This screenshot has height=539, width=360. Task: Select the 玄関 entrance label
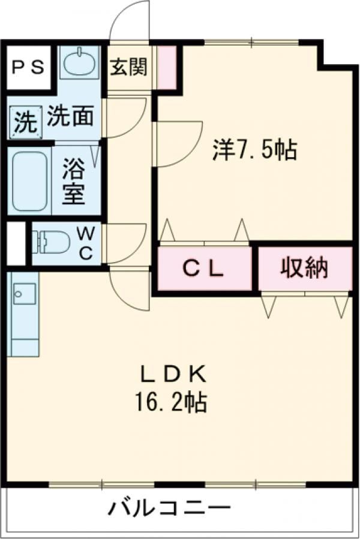pos(128,67)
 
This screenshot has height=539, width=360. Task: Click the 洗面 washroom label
pos(70,117)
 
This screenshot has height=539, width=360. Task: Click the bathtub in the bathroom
pos(30,180)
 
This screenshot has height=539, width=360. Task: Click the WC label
pos(86,243)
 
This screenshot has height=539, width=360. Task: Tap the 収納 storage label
pos(304,267)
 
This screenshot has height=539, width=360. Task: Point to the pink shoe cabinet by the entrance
pos(166,67)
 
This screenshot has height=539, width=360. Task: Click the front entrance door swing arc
pos(129,21)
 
